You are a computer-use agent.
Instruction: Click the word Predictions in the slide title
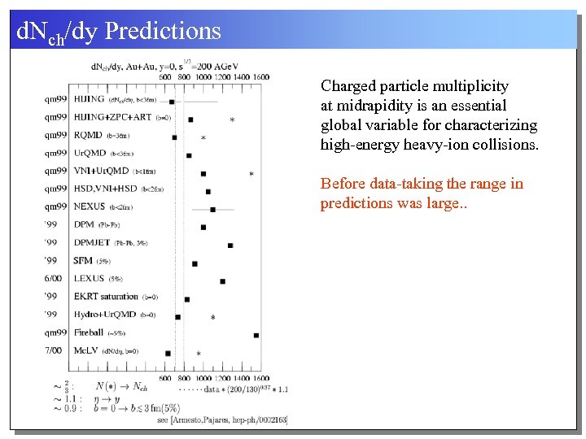coord(164,31)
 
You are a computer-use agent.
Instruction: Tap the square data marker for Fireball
coord(256,335)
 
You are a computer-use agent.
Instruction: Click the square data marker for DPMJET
coord(230,245)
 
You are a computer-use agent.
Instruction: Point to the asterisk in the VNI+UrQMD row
coord(251,174)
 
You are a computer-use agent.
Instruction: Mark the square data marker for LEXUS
coord(223,281)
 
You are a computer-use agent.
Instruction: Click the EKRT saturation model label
coord(106,297)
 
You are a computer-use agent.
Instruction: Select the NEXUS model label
coord(90,207)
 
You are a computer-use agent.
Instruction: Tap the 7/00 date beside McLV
coord(54,350)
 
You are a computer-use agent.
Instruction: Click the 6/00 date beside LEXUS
coord(54,279)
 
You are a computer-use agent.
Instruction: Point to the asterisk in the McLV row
coord(199,354)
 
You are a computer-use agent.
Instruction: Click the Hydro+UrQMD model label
coord(104,315)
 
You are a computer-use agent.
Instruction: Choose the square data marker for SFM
coord(195,263)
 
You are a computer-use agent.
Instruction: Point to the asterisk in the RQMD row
coord(203,138)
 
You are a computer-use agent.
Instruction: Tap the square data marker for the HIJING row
coord(172,102)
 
